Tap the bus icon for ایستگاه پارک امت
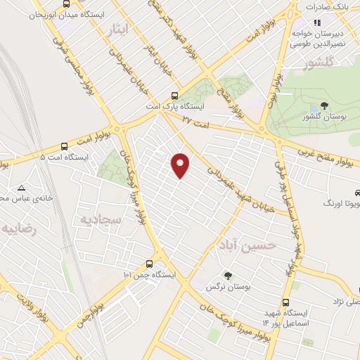[x=175, y=97]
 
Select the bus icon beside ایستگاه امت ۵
[x=65, y=147]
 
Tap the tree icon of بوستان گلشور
[x=323, y=105]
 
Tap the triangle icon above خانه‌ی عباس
[x=22, y=188]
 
